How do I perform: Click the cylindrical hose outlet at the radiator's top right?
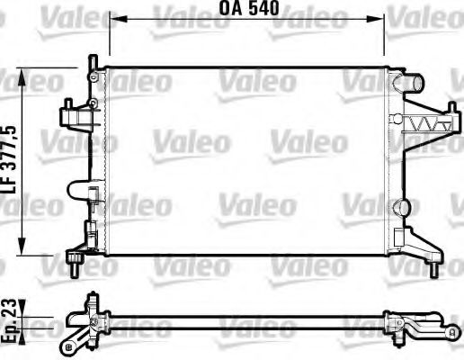[415, 84]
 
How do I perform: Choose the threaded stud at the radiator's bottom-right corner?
[434, 268]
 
